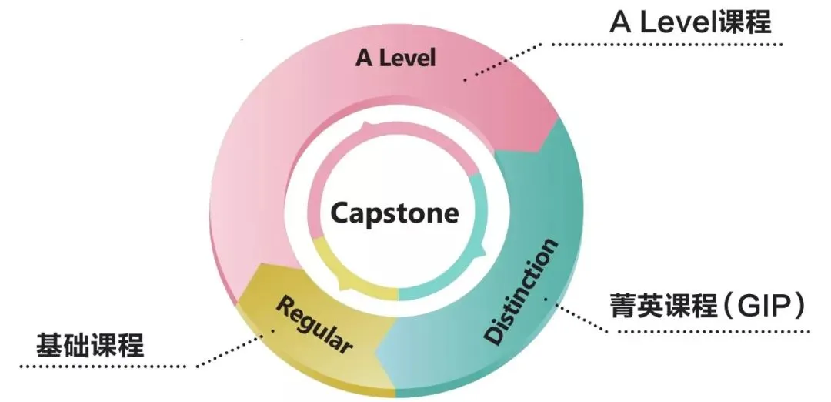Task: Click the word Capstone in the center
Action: coord(395,213)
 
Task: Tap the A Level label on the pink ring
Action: coord(395,58)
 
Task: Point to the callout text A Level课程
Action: coord(689,22)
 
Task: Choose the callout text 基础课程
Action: coord(90,346)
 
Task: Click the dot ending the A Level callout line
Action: coord(465,79)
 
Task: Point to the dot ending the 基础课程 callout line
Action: coord(272,333)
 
